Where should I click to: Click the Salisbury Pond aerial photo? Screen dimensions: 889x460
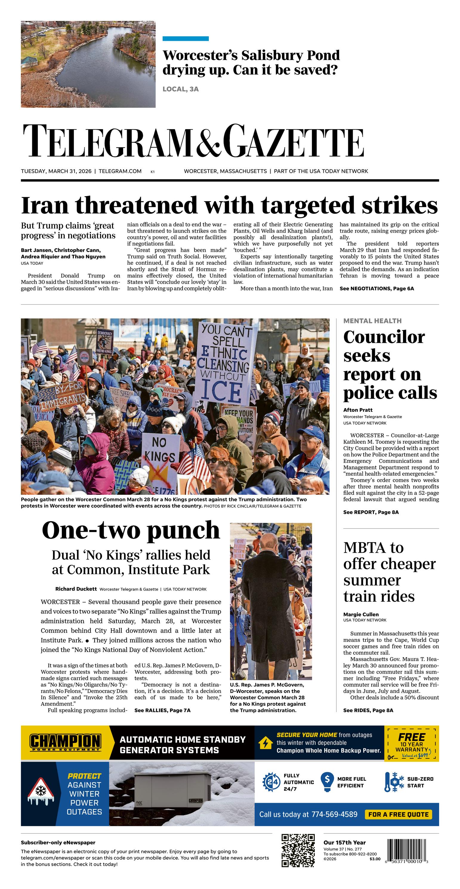coord(88,64)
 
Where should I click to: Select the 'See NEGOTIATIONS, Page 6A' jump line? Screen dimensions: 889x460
coord(376,289)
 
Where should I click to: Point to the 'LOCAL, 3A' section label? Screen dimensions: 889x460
coord(180,89)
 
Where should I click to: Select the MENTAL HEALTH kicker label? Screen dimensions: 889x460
coord(372,321)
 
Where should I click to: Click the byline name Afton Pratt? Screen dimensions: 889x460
coord(357,410)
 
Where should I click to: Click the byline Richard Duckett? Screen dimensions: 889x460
coord(76,589)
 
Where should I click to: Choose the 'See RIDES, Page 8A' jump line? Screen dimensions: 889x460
coord(368,710)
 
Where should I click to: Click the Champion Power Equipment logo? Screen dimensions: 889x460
coord(65,743)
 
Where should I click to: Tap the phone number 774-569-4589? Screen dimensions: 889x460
coord(334,814)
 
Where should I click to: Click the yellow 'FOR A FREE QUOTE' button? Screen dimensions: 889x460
coord(398,814)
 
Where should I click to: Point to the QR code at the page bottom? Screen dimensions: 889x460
coord(298,850)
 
